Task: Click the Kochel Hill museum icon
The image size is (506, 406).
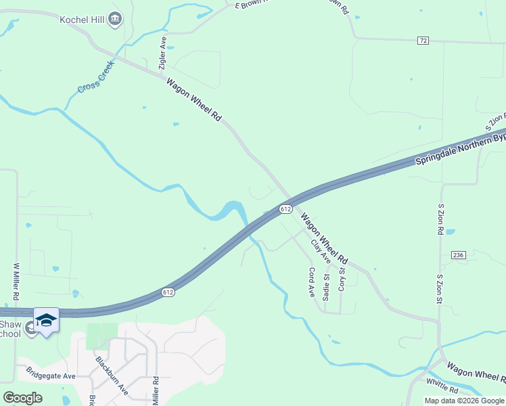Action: coord(115,18)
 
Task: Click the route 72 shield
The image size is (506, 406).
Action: coord(423,41)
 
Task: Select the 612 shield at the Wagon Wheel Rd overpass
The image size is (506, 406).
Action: coord(285,210)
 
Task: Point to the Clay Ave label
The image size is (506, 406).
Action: coord(321,251)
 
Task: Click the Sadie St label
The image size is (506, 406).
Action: coord(327,287)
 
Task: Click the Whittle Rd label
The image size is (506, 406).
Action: coord(442,386)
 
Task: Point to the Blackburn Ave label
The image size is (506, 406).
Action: coord(112,376)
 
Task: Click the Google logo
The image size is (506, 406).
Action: coord(22,397)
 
